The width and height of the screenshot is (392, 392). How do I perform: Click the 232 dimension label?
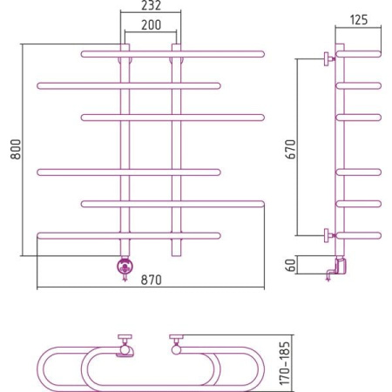click(151, 5)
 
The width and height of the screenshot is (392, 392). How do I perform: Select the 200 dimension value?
click(151, 24)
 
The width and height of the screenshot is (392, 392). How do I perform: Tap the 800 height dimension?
click(16, 149)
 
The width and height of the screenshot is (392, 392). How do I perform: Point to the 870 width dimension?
click(151, 280)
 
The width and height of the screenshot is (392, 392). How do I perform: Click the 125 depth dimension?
click(359, 20)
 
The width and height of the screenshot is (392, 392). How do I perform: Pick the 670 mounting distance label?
click(290, 149)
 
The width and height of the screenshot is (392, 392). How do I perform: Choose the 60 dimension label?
click(290, 265)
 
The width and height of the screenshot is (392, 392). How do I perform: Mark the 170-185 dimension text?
click(285, 363)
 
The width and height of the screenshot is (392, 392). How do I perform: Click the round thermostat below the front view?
click(125, 267)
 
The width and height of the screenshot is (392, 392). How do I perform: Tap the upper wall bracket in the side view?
click(329, 59)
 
